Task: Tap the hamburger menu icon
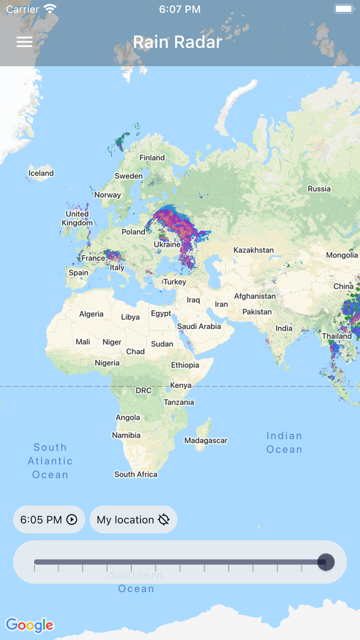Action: [24, 42]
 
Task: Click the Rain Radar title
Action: [177, 42]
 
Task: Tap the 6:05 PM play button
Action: [49, 520]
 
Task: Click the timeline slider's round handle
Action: [326, 562]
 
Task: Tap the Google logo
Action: [29, 625]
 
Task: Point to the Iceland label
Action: [41, 173]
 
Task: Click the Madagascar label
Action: [206, 440]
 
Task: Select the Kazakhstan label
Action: [254, 250]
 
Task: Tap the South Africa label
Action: [136, 474]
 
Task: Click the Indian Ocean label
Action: [284, 442]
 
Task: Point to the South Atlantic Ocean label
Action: [50, 461]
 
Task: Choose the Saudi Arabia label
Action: [199, 326]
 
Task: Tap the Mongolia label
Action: [341, 255]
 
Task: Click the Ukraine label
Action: [167, 244]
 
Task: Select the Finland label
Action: [152, 158]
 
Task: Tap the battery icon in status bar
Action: [344, 9]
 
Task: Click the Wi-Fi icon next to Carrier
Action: [50, 9]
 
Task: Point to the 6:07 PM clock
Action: [179, 9]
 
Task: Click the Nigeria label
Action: [107, 363]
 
